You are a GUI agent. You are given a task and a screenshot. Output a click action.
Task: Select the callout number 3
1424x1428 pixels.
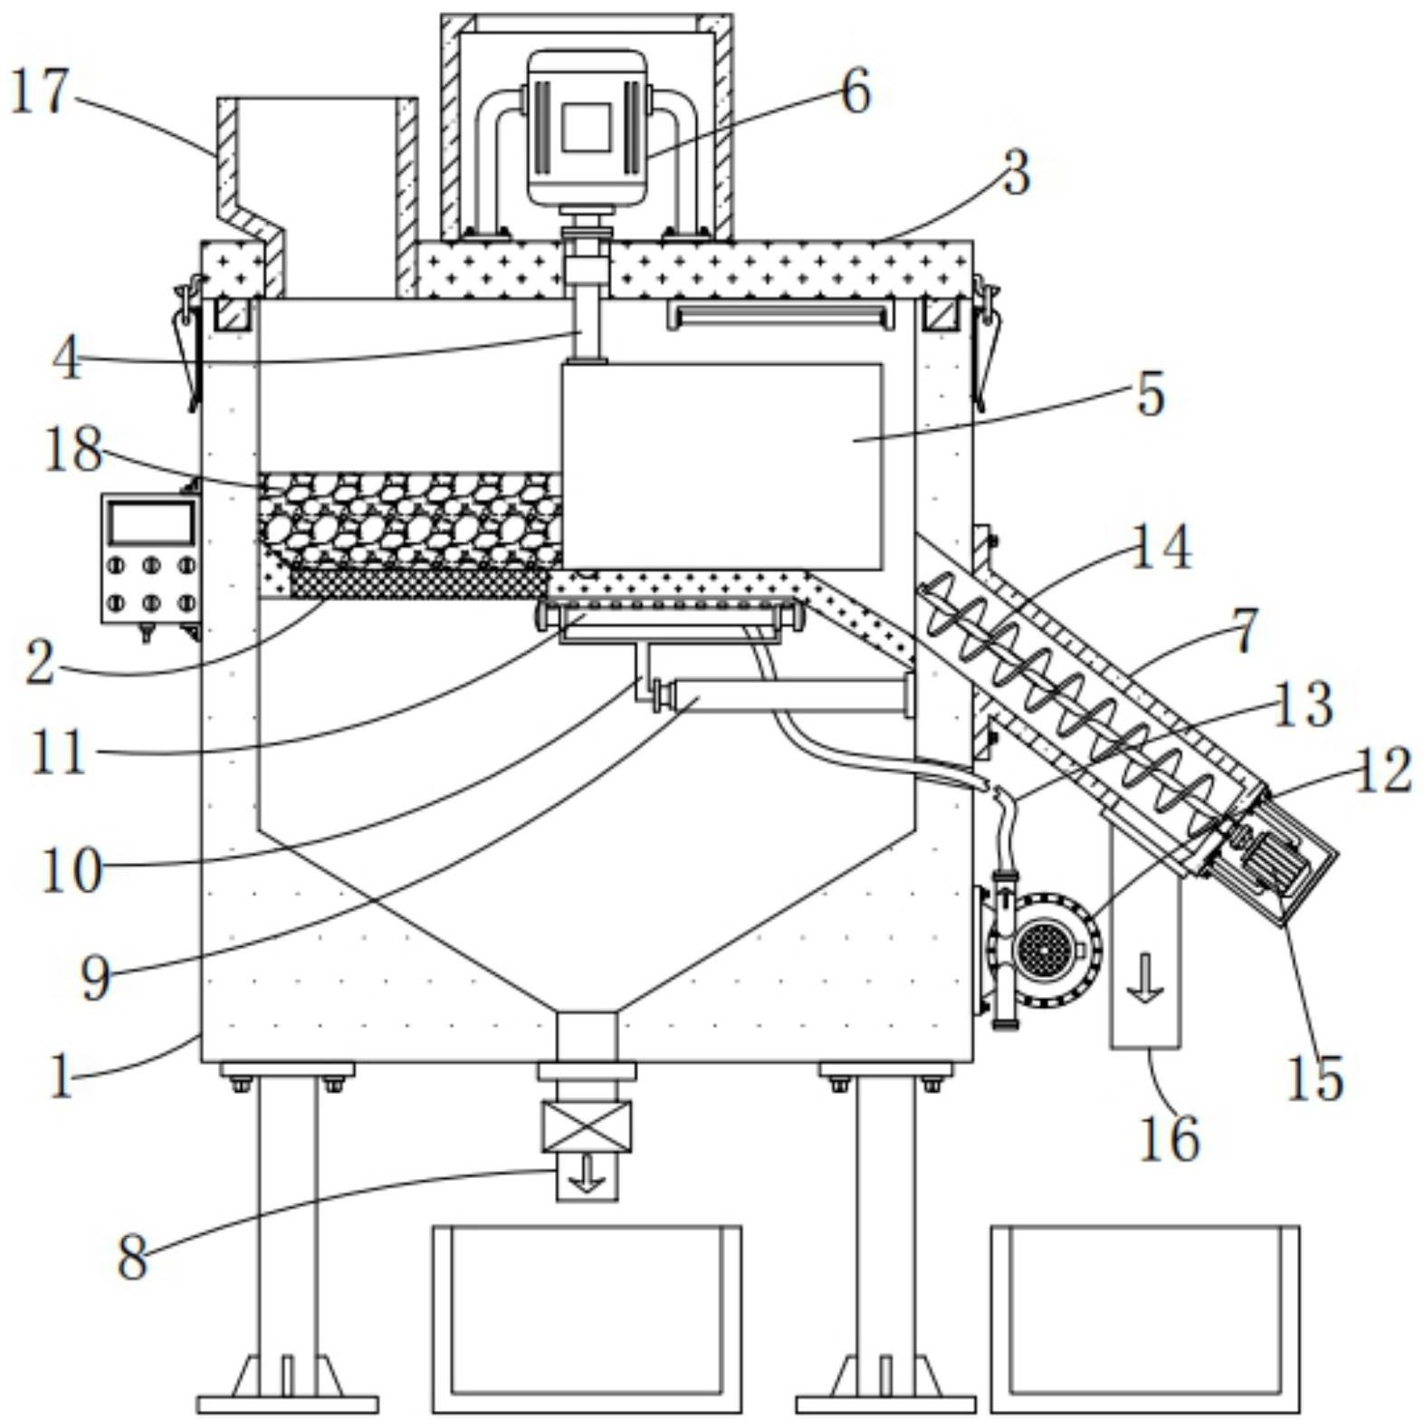(x=1017, y=173)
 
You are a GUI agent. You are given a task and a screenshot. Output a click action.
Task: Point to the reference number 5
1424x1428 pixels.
(x=1150, y=395)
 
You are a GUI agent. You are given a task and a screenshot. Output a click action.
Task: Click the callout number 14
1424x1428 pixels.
(x=1162, y=549)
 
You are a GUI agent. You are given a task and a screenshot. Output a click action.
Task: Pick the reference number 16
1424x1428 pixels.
(x=1169, y=1139)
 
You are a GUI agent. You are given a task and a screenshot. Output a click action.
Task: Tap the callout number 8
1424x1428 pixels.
(x=132, y=1258)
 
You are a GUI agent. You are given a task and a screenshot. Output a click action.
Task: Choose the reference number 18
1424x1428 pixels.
(x=72, y=450)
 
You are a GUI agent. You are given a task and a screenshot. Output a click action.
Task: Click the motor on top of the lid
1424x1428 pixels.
(x=587, y=129)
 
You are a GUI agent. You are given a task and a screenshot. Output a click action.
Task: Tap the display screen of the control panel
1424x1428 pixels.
(x=150, y=522)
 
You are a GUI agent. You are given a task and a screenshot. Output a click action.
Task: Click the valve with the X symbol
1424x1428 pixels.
(x=586, y=1126)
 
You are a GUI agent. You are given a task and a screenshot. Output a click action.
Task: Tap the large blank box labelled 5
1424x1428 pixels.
(x=722, y=466)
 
